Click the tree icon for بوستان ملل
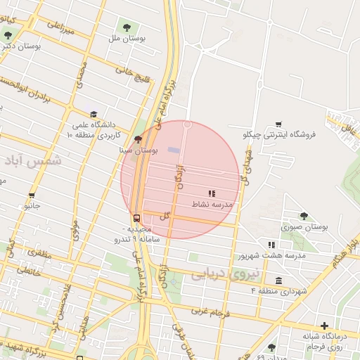pyautogui.click(x=127, y=27)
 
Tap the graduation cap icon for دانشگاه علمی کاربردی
pyautogui.click(x=93, y=115)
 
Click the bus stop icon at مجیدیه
pyautogui.click(x=136, y=218)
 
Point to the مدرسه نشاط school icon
pyautogui.click(x=212, y=193)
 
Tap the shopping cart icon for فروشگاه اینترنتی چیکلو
pyautogui.click(x=279, y=124)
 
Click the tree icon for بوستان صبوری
pyautogui.click(x=304, y=216)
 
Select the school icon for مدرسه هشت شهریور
pyautogui.click(x=271, y=245)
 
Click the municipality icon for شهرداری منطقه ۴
pyautogui.click(x=279, y=281)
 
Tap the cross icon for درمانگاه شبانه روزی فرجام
pyautogui.click(x=323, y=326)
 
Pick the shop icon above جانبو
pyautogui.click(x=32, y=196)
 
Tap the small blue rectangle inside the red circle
pyautogui.click(x=174, y=150)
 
